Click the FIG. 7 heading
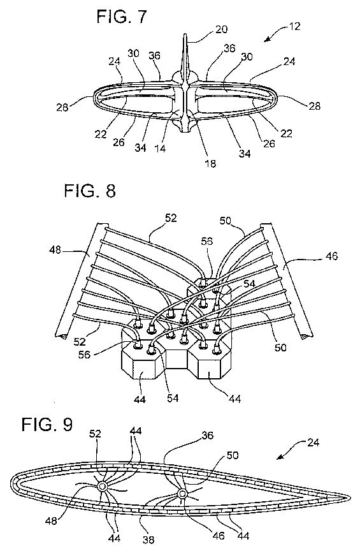point(122,17)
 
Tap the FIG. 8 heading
point(90,191)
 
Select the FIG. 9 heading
point(47,424)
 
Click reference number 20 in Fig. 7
point(221,29)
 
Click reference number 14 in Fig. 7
point(160,149)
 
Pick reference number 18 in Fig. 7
point(210,163)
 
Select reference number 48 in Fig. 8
point(55,250)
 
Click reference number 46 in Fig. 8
point(331,256)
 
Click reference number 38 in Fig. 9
point(148,540)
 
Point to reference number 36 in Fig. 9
point(207,436)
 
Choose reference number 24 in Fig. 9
point(313,442)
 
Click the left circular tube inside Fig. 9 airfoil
point(102,487)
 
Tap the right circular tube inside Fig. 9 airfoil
point(182,494)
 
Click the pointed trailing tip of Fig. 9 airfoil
point(350,497)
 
